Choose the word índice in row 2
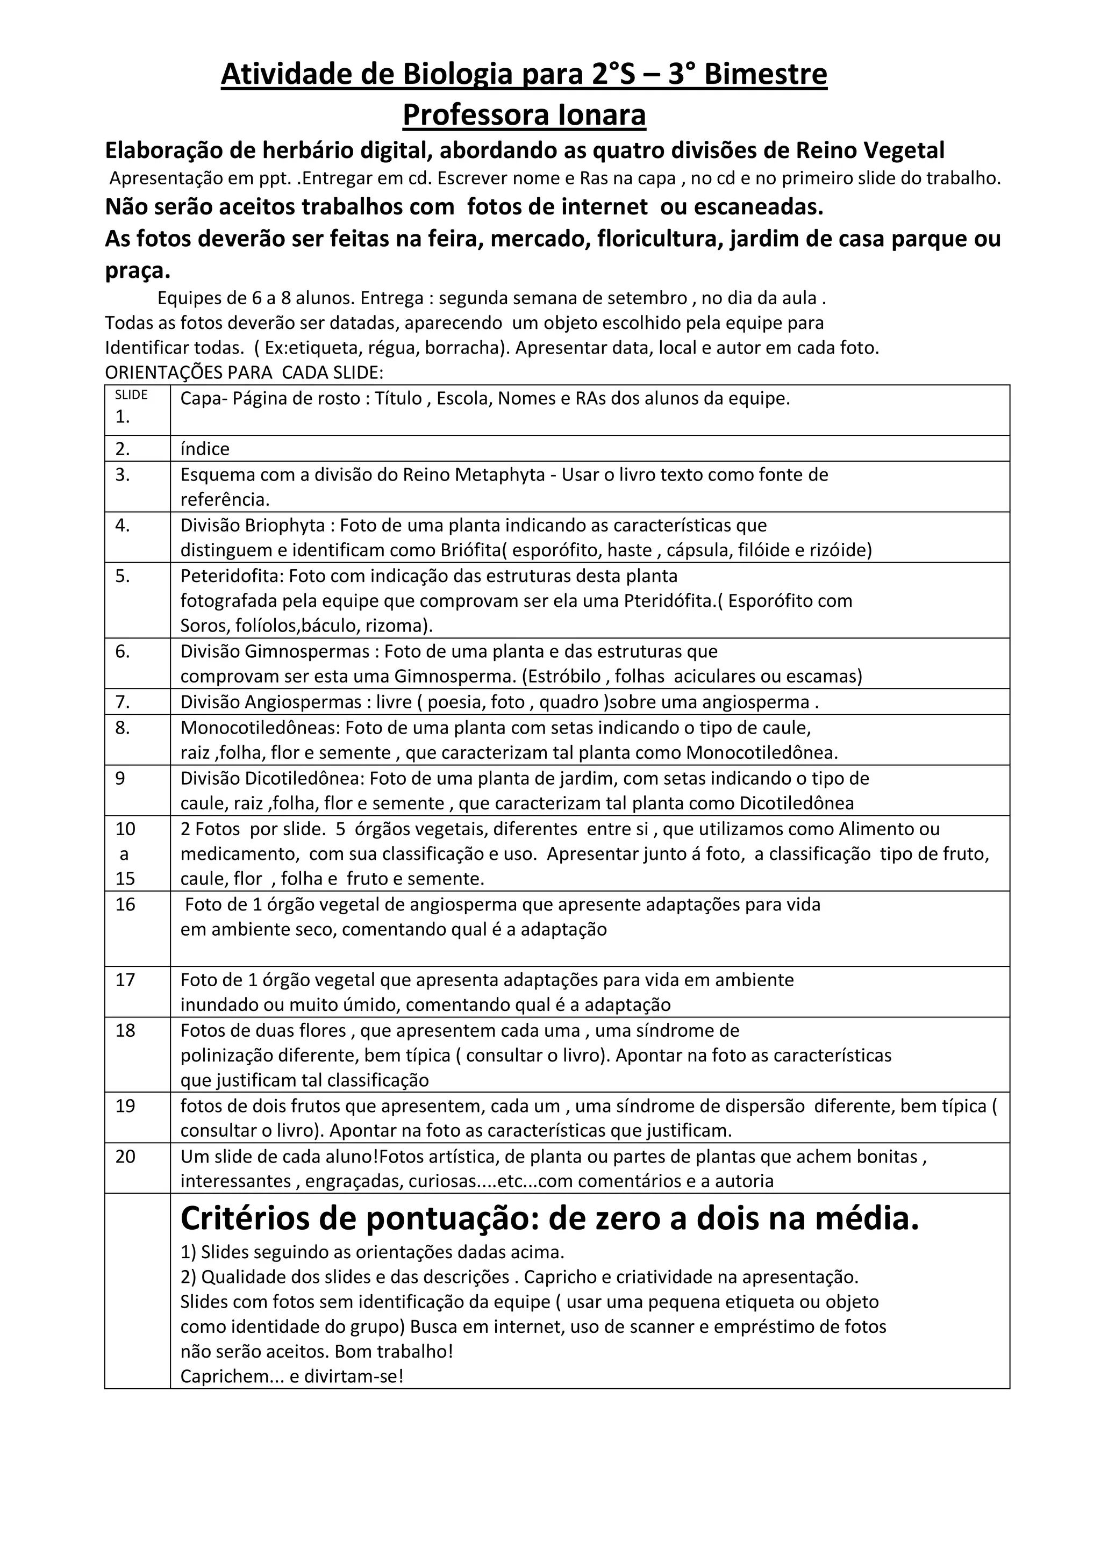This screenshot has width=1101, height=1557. [x=205, y=449]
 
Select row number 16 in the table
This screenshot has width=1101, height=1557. [x=125, y=904]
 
